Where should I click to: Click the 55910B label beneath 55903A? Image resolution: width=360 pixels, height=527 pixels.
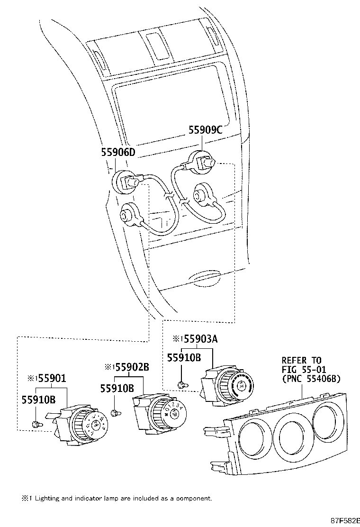184,358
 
